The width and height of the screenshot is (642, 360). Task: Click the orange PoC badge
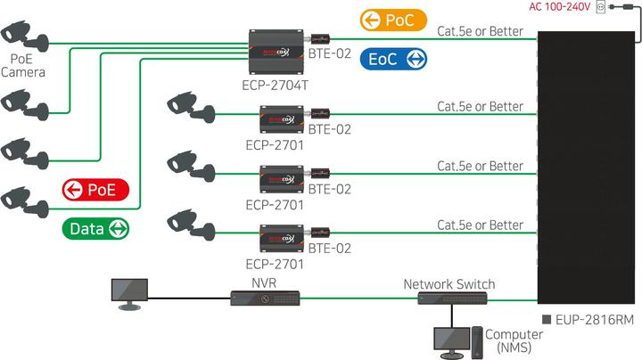click(x=393, y=20)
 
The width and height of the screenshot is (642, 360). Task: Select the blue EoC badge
click(x=393, y=59)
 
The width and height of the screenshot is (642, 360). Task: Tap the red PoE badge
click(x=95, y=189)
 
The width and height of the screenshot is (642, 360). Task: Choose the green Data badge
click(x=96, y=228)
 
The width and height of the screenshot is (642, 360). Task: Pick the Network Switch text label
click(x=449, y=283)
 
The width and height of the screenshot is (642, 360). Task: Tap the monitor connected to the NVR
click(x=128, y=293)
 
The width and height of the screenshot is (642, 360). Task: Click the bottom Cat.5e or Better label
click(x=480, y=225)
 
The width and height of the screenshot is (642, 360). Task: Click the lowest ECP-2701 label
click(x=275, y=264)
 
